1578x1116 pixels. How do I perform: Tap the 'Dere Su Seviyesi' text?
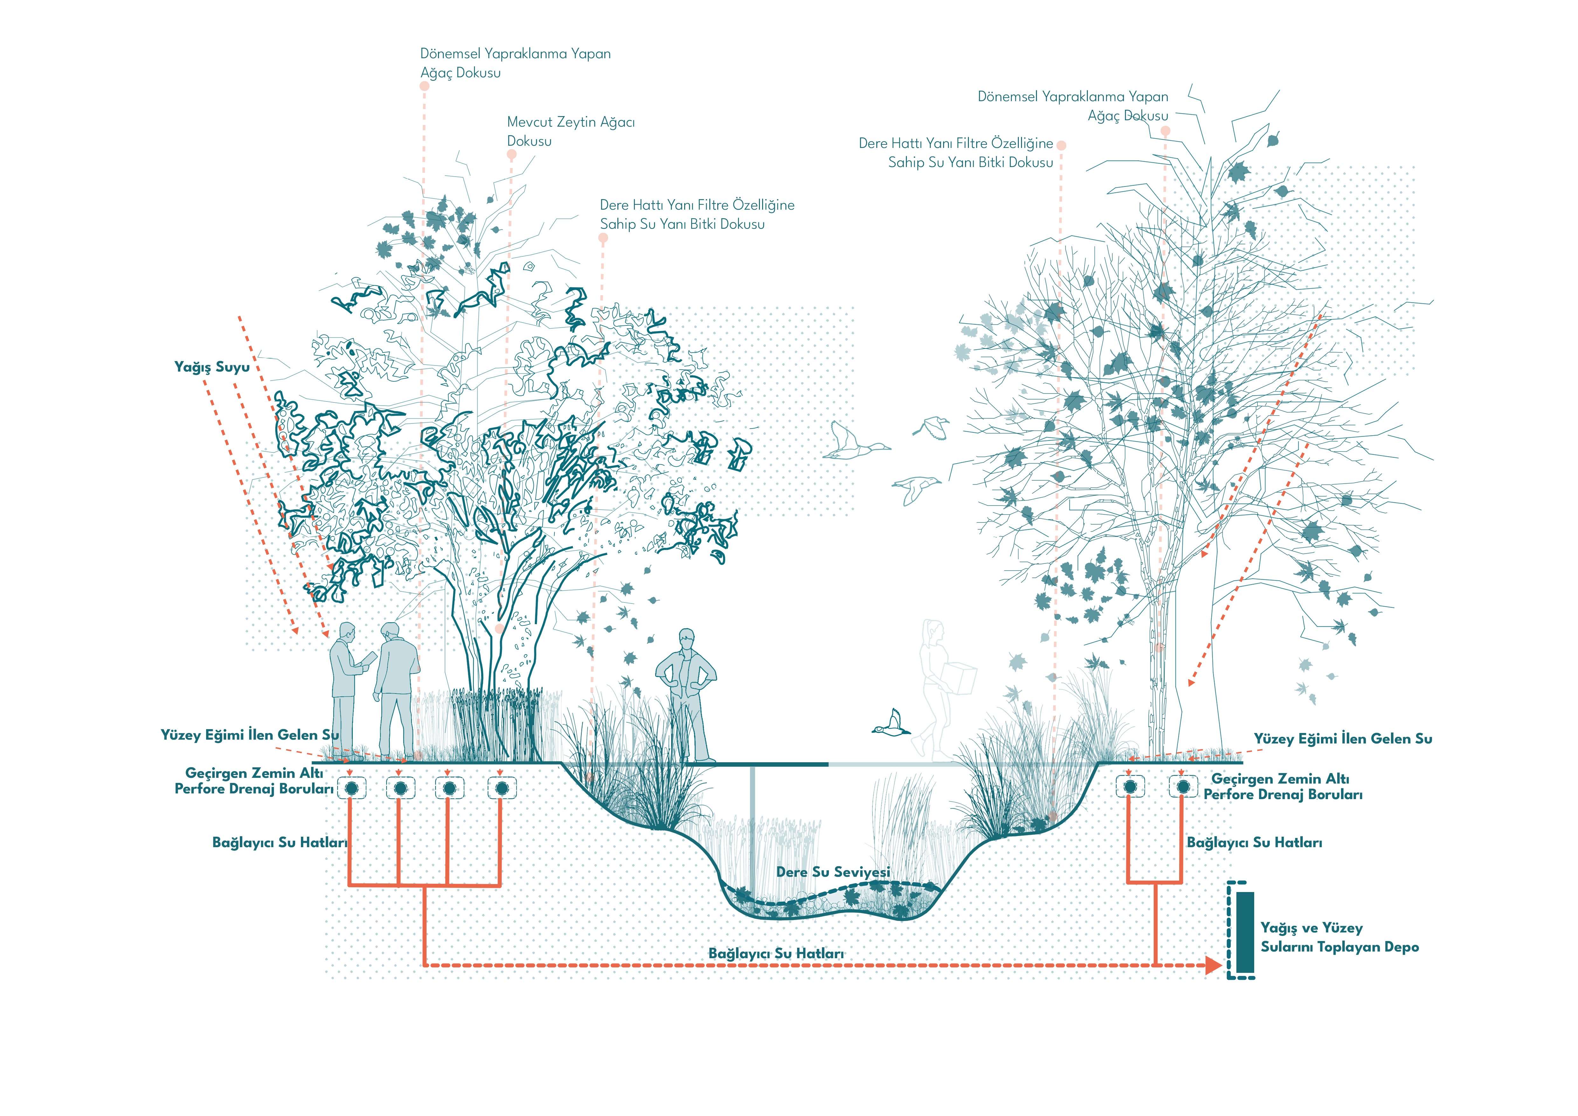tap(833, 872)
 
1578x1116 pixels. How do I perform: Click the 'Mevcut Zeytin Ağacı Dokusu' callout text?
tap(570, 131)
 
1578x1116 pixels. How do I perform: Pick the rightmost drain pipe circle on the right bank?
tap(1183, 786)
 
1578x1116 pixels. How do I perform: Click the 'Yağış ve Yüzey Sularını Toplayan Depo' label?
tap(1339, 937)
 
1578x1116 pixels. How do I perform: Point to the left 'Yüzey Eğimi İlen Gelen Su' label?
tap(249, 735)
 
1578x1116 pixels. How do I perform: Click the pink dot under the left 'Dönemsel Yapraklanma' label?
tap(425, 86)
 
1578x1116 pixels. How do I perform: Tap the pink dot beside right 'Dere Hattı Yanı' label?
tap(1061, 145)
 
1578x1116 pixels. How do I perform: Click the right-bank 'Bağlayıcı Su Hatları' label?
tap(1254, 842)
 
